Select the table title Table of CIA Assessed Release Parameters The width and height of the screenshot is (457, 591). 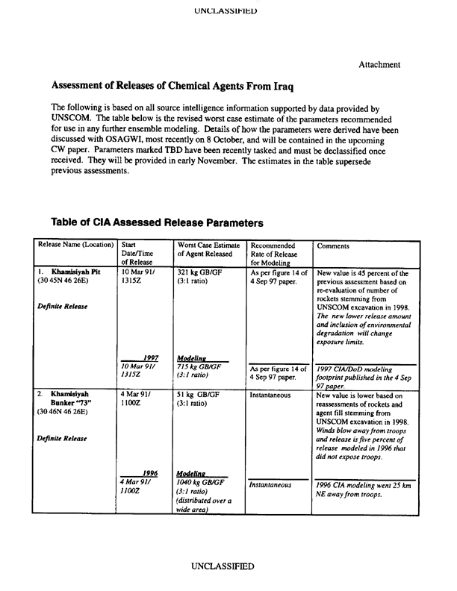(x=157, y=222)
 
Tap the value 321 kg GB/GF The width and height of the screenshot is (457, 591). (x=202, y=274)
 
